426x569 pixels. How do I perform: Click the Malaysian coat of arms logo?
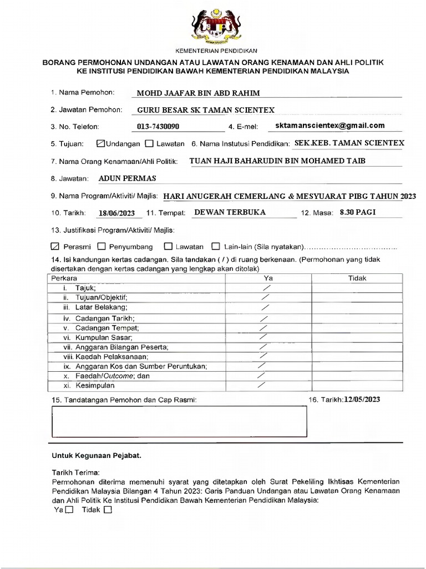pyautogui.click(x=212, y=23)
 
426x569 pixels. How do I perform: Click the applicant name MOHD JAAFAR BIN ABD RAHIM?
pyautogui.click(x=198, y=93)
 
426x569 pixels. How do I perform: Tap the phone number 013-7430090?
pyautogui.click(x=158, y=127)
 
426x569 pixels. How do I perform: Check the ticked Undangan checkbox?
pyautogui.click(x=100, y=143)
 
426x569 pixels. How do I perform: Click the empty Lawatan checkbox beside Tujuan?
pyautogui.click(x=149, y=143)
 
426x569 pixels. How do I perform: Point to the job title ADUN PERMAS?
pyautogui.click(x=127, y=178)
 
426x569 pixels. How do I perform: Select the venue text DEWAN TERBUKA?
pyautogui.click(x=230, y=212)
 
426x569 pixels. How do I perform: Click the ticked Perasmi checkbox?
pyautogui.click(x=54, y=246)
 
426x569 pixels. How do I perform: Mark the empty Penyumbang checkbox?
pyautogui.click(x=102, y=246)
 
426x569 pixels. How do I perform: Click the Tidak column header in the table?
pyautogui.click(x=357, y=278)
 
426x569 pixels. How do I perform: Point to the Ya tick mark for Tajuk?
pyautogui.click(x=267, y=288)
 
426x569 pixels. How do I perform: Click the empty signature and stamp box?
pyautogui.click(x=179, y=422)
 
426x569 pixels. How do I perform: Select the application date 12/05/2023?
pyautogui.click(x=362, y=400)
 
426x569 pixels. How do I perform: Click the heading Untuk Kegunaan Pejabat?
pyautogui.click(x=97, y=456)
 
